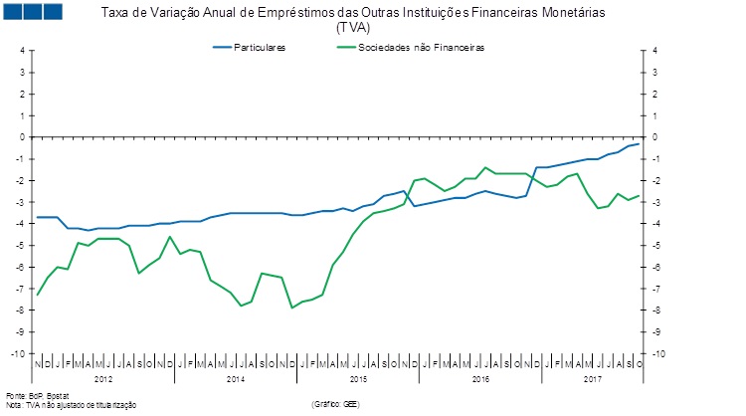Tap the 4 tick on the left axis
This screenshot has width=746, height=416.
coord(21,51)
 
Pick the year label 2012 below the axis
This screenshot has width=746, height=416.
coord(103,379)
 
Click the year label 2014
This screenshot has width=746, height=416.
coord(235,379)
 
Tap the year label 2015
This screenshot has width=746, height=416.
coord(357,379)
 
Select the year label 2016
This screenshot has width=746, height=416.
coord(479,379)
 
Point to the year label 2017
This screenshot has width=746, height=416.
coord(593,379)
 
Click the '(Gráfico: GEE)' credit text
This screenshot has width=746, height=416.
coord(335,405)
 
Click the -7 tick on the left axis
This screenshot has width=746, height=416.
coord(19,289)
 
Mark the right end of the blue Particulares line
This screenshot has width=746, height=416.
coord(639,144)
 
